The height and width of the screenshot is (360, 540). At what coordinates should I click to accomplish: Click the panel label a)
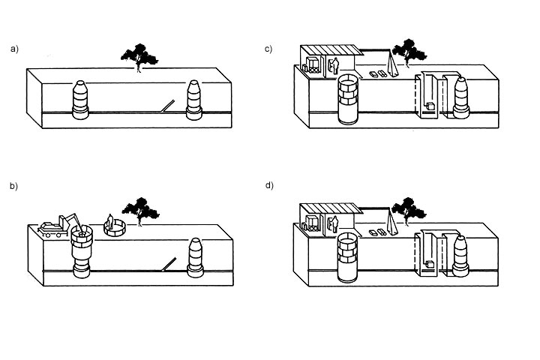[14, 49]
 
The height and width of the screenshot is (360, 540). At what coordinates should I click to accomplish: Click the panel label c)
[268, 49]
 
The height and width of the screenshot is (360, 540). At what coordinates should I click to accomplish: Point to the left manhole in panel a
[79, 100]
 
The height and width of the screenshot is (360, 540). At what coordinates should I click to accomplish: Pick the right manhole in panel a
[194, 100]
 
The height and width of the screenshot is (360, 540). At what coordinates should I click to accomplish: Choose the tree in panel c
[408, 52]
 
